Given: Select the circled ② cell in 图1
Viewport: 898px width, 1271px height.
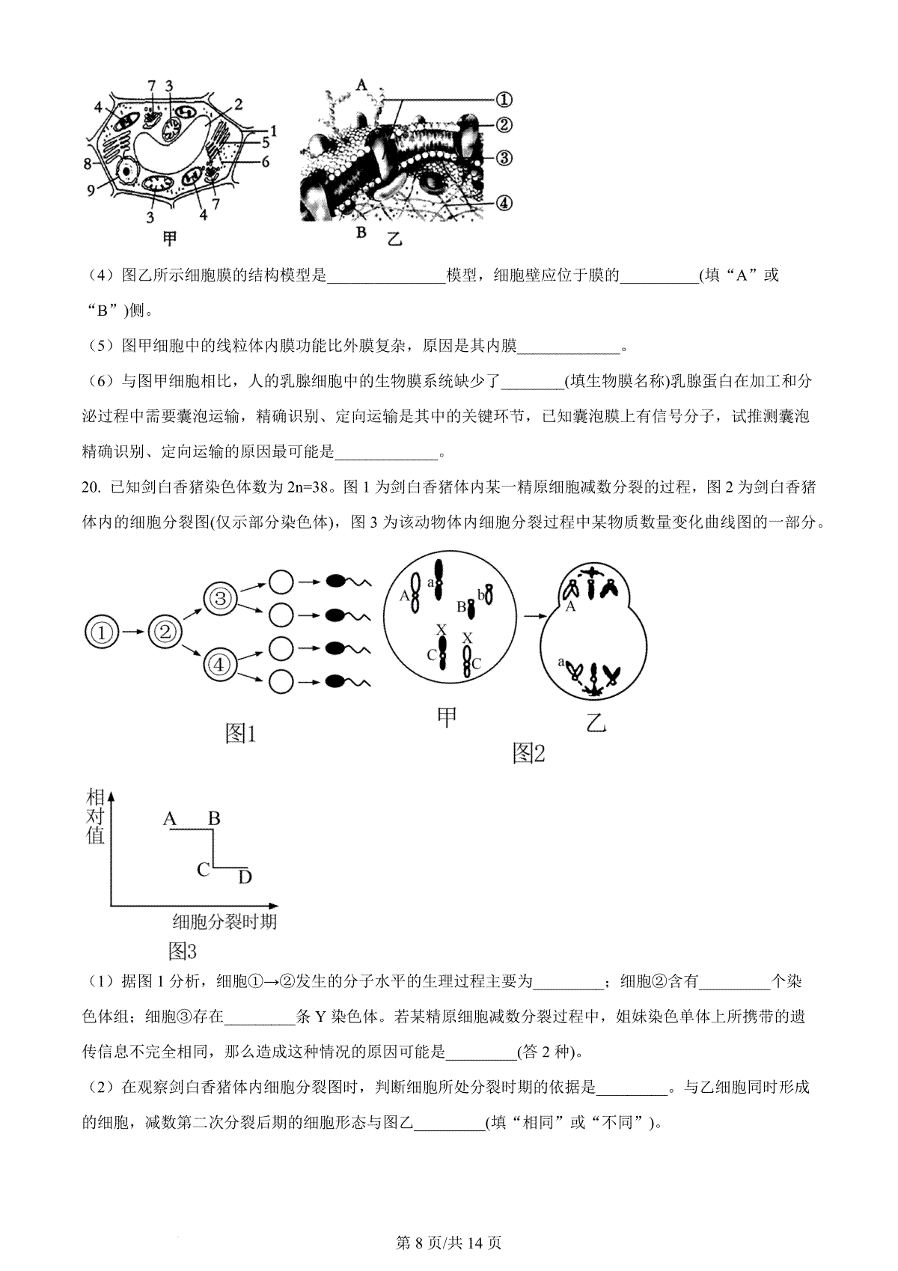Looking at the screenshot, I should (x=165, y=633).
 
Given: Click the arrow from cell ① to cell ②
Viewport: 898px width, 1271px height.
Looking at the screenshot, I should (x=135, y=633).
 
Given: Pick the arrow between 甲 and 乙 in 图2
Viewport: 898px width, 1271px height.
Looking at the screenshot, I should (x=534, y=616).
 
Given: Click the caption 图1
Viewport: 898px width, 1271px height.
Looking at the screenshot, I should (x=241, y=734).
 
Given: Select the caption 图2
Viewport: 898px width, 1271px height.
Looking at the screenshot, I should (x=528, y=754).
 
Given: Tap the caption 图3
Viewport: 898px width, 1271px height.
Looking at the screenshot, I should (x=183, y=951).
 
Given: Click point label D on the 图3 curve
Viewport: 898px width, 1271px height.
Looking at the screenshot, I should (x=245, y=877).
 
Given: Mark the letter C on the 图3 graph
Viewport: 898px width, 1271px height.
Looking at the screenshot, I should (x=203, y=870).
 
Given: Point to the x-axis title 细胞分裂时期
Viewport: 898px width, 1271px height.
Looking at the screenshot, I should (x=224, y=921).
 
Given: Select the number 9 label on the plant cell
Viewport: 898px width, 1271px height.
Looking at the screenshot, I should (x=91, y=190).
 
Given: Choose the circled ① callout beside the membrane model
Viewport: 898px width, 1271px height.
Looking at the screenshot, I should (x=504, y=99).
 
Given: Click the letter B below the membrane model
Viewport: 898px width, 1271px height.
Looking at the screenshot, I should (x=361, y=232).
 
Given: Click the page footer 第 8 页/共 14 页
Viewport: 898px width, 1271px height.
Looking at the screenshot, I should (x=448, y=1243).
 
